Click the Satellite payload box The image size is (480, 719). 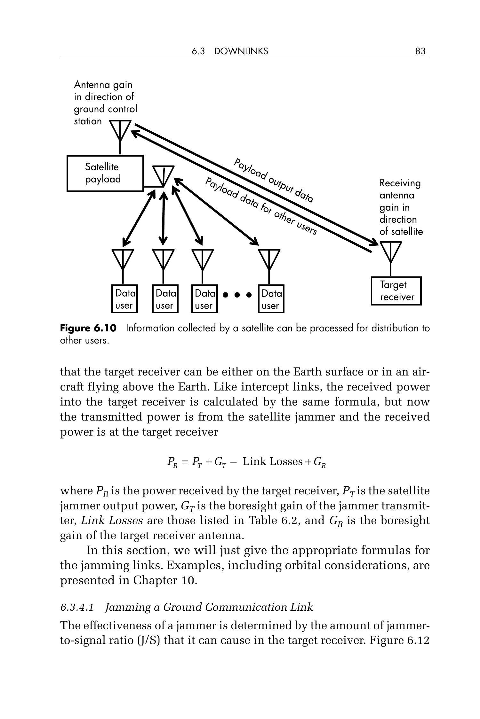tap(105, 173)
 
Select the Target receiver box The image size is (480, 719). tap(396, 291)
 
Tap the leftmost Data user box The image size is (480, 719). tap(124, 299)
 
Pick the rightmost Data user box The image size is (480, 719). tap(271, 299)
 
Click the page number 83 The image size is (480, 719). tap(420, 51)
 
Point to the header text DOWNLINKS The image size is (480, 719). tap(241, 51)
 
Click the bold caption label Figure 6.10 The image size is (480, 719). tap(88, 328)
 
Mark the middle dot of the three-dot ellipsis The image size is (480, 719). tap(237, 295)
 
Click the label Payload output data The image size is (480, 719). tap(274, 180)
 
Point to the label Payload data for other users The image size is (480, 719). tap(261, 206)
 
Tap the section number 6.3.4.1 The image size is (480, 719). tap(77, 607)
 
